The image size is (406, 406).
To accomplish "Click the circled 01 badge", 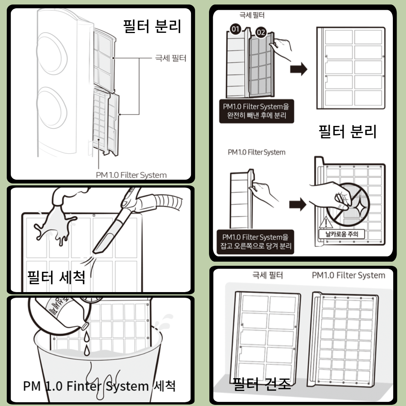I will pyautogui.click(x=236, y=29).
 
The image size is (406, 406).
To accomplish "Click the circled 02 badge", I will pyautogui.click(x=260, y=33).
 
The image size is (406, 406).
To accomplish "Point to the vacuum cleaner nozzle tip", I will pyautogui.click(x=98, y=248).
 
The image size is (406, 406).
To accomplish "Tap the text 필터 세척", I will pyautogui.click(x=57, y=277).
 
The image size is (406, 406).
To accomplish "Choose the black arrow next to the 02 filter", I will pyautogui.click(x=298, y=70).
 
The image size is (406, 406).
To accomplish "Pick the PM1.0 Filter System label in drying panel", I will pyautogui.click(x=348, y=276).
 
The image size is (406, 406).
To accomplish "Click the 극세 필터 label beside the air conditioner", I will pyautogui.click(x=171, y=58).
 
